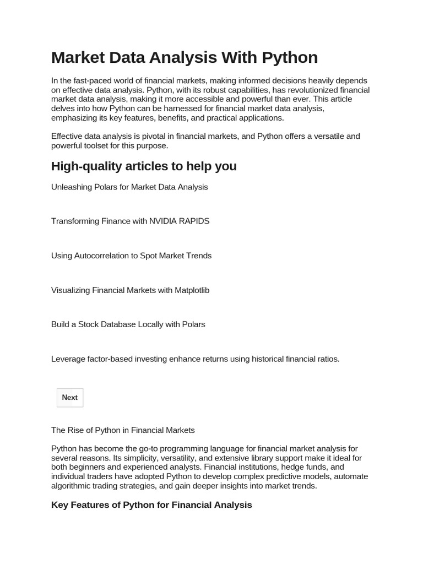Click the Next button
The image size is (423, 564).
click(x=70, y=398)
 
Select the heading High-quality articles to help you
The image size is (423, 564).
click(x=144, y=166)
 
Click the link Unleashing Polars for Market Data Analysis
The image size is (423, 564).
click(x=129, y=187)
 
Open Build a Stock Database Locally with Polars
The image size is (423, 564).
click(x=128, y=324)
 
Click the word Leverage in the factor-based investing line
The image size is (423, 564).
click(x=68, y=359)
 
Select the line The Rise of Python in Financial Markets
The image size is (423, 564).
click(x=123, y=430)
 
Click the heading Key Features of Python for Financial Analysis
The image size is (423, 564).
click(x=151, y=505)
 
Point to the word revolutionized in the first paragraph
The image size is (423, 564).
click(x=311, y=90)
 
